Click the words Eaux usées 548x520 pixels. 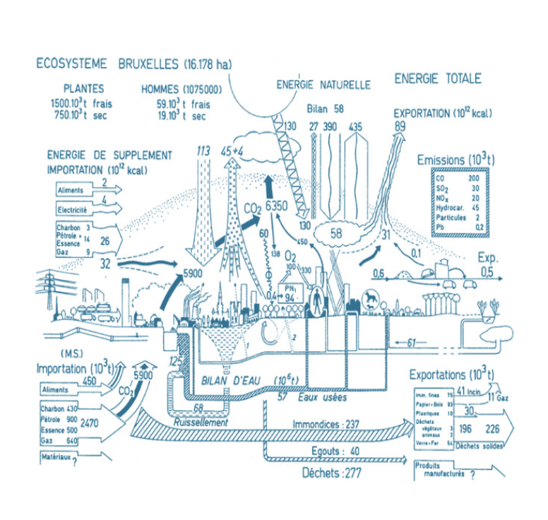[316, 399]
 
